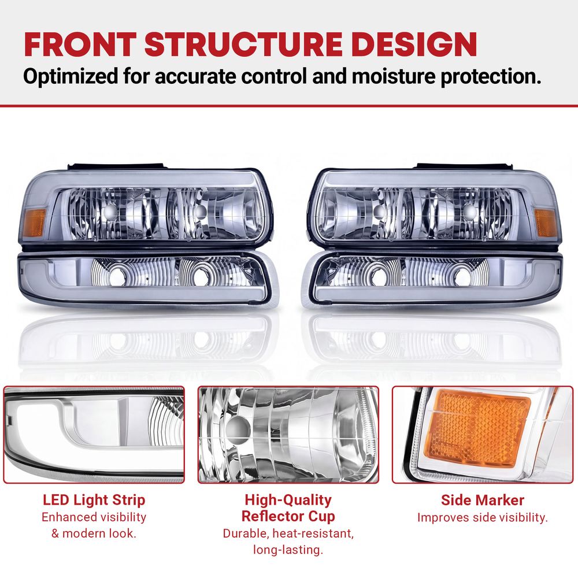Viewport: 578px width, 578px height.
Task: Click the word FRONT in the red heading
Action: pyautogui.click(x=80, y=45)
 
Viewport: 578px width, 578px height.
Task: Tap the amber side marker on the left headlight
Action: pyautogui.click(x=34, y=223)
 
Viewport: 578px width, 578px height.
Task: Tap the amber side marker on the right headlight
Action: pyautogui.click(x=545, y=223)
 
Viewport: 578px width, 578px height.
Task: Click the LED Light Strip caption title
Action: pyautogui.click(x=94, y=500)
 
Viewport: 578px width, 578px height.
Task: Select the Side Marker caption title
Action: pyautogui.click(x=483, y=500)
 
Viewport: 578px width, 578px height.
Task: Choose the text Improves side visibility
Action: pyautogui.click(x=483, y=517)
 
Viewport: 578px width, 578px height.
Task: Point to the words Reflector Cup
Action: pyautogui.click(x=288, y=516)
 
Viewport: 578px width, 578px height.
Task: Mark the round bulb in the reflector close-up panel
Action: pyautogui.click(x=238, y=429)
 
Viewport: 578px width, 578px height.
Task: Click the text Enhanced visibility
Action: pyautogui.click(x=94, y=517)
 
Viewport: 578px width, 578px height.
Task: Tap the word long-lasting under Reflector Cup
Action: pyautogui.click(x=288, y=550)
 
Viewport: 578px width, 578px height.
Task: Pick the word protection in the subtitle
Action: pyautogui.click(x=491, y=77)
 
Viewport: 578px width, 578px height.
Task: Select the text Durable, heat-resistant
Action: pyautogui.click(x=288, y=533)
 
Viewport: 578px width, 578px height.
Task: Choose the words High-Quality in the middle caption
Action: pyautogui.click(x=288, y=500)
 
